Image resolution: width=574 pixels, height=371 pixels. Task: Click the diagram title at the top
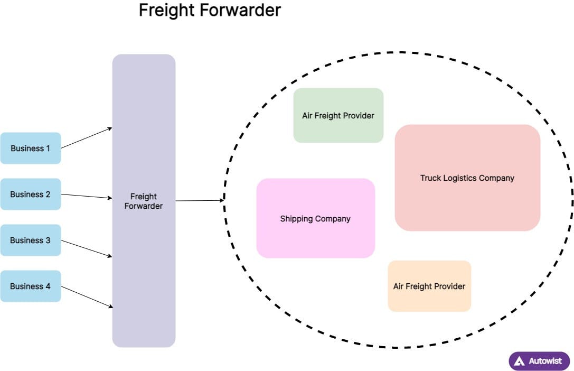point(210,10)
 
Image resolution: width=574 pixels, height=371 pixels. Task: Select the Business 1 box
point(30,148)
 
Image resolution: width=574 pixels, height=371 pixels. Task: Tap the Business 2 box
point(30,194)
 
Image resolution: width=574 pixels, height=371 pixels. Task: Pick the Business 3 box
point(30,240)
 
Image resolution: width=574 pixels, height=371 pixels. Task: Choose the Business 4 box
point(30,286)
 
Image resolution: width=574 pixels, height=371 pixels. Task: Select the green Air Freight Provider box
point(338,115)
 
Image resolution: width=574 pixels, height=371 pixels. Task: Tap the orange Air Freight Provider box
point(429,286)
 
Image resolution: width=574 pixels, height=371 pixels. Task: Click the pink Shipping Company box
point(315,218)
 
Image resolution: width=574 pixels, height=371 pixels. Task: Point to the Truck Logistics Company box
point(467,178)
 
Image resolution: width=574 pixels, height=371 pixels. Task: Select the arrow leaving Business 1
point(87,138)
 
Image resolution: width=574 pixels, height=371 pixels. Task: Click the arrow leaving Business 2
point(87,196)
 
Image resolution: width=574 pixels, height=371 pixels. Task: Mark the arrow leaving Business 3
point(87,248)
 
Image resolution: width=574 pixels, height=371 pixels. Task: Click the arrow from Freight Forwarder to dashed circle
point(200,200)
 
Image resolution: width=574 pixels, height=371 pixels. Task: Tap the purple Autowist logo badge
point(539,361)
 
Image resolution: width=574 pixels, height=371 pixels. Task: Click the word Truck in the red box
point(430,178)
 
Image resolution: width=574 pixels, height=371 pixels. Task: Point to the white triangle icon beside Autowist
point(520,361)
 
